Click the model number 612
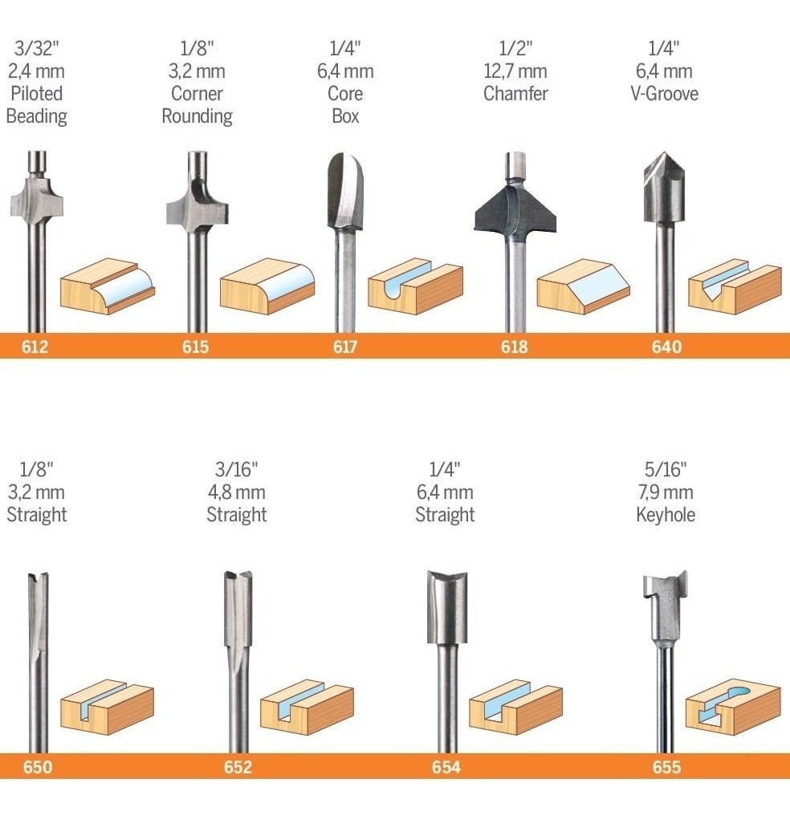point(35,347)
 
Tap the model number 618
point(514,347)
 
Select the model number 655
point(666,767)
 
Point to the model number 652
point(238,767)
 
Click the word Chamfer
point(515,94)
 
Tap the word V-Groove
point(664,94)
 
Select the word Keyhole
point(666,515)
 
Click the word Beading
point(37,116)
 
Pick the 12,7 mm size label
point(515,71)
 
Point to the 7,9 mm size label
point(666,492)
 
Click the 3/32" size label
point(37,48)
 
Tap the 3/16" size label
point(237,469)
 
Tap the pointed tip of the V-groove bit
point(664,153)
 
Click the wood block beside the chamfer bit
point(584,286)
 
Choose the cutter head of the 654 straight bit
point(447,607)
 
